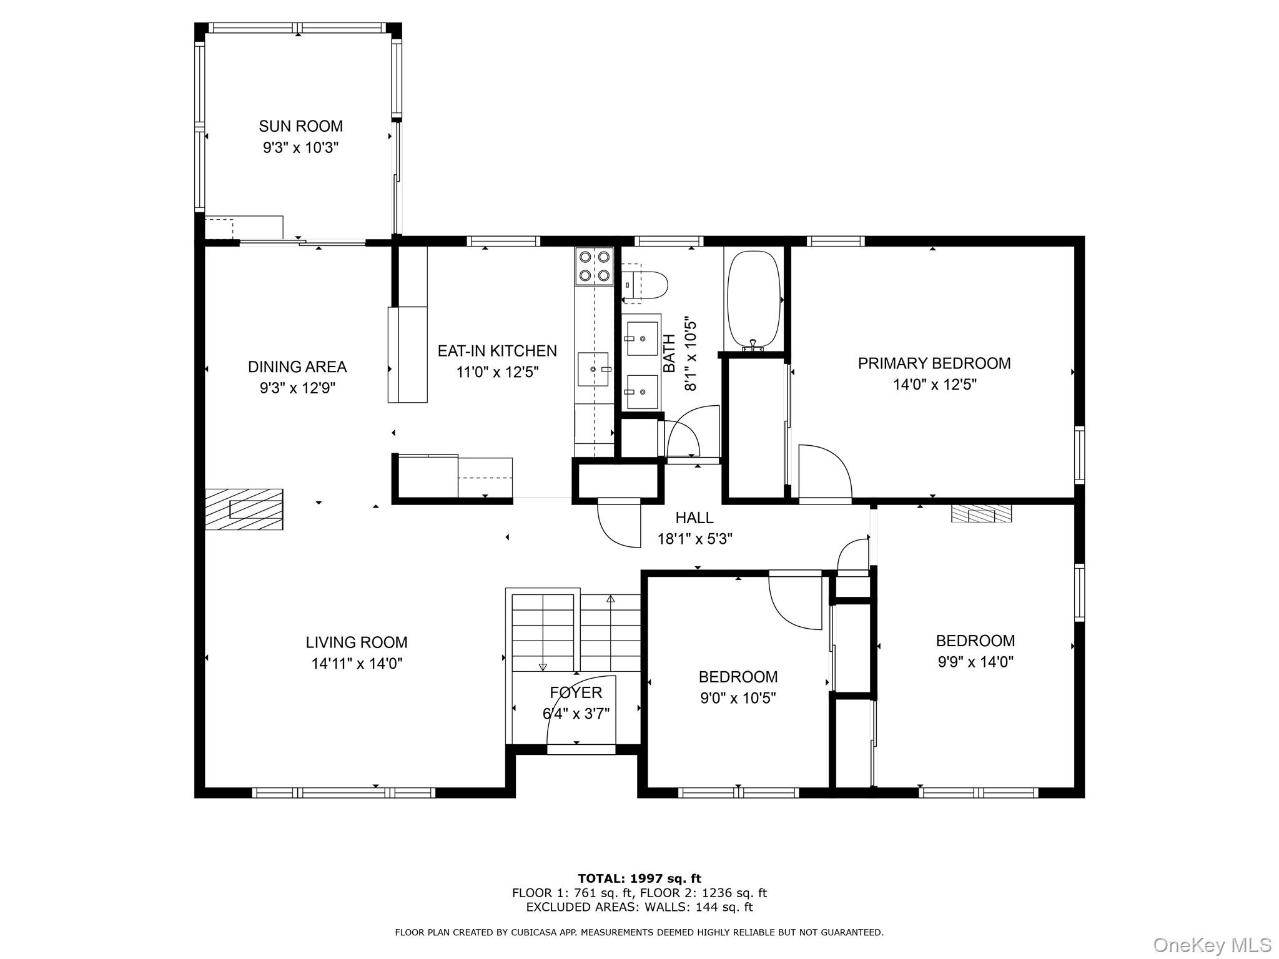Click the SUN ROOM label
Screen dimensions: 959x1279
[300, 126]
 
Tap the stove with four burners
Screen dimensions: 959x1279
[594, 266]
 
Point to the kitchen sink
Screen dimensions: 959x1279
[593, 369]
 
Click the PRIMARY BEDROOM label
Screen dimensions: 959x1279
[934, 363]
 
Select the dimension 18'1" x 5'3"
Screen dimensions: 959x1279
[694, 539]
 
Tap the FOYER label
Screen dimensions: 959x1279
[576, 692]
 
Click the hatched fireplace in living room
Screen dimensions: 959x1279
[244, 509]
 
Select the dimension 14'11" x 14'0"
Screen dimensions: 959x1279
[357, 664]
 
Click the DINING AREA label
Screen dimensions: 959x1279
[297, 367]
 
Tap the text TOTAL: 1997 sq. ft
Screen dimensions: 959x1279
[639, 879]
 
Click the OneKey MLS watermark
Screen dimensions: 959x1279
[1212, 945]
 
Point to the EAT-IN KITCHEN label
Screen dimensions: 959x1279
[496, 351]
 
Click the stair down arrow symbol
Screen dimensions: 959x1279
[542, 666]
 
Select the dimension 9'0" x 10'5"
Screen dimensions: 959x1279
[738, 698]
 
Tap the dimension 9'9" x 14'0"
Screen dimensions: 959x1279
[975, 662]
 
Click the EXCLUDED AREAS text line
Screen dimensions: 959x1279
[639, 907]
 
